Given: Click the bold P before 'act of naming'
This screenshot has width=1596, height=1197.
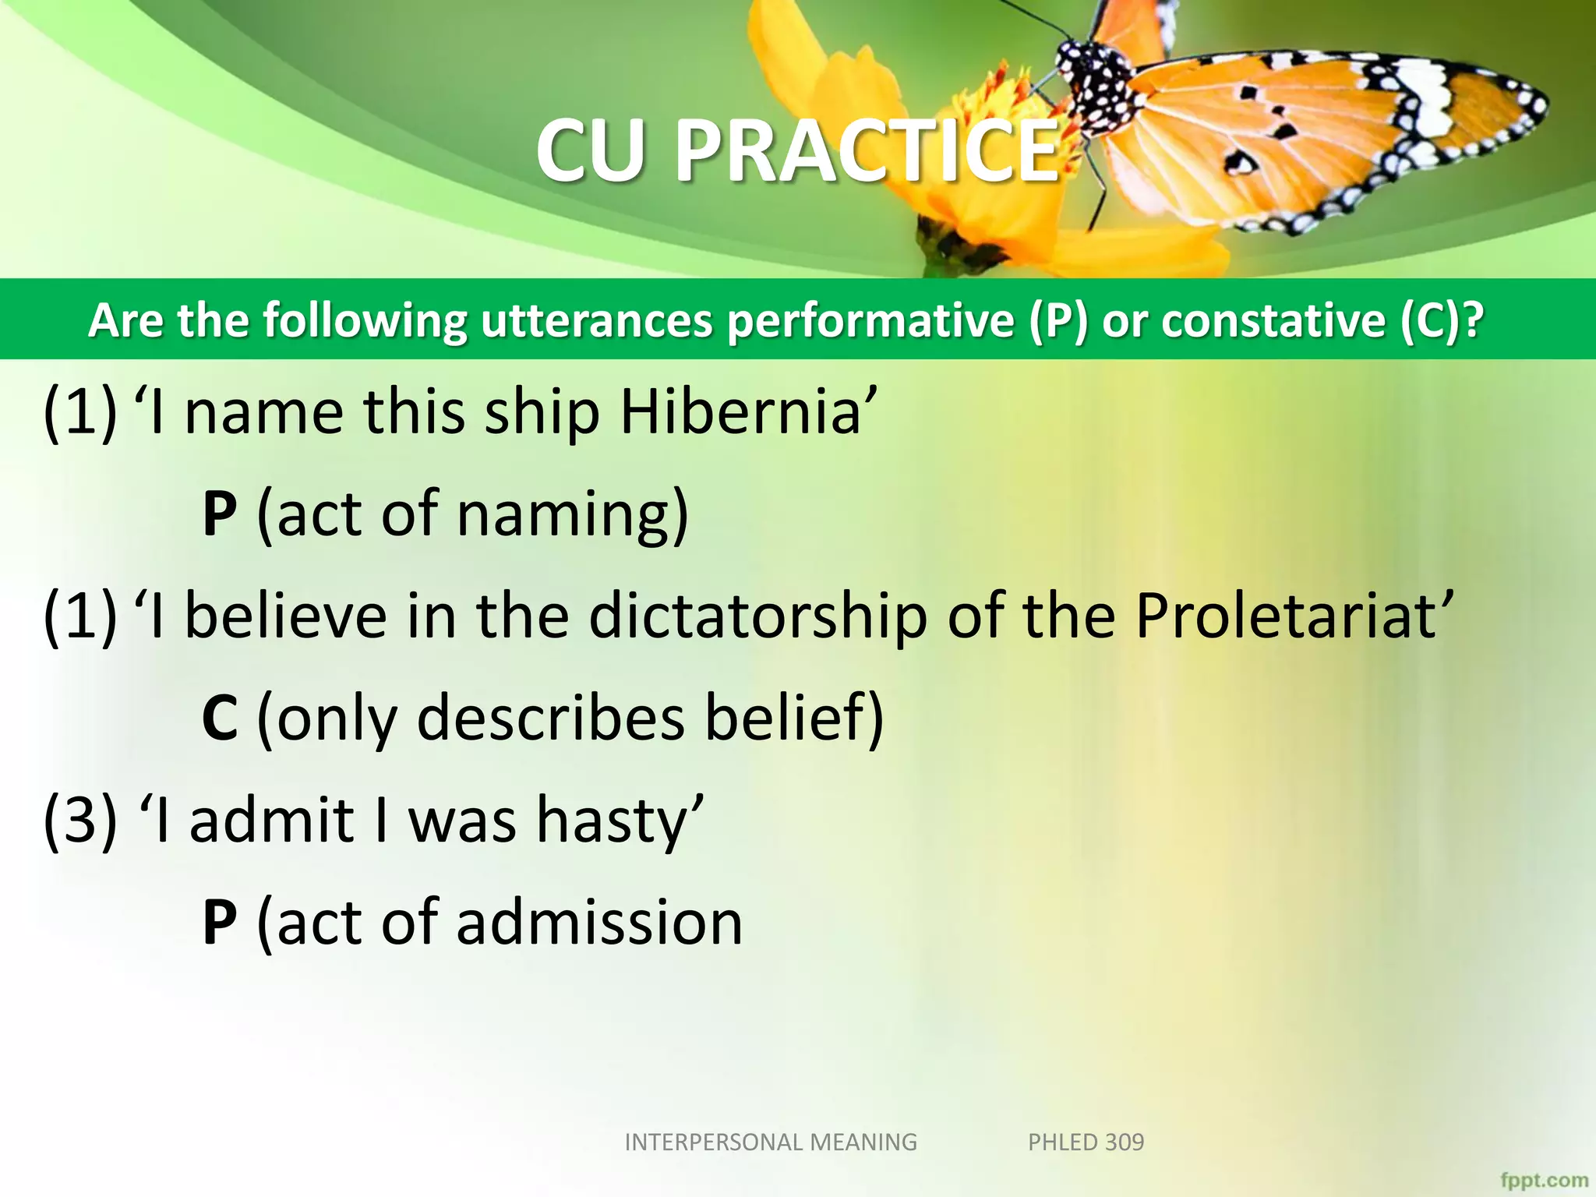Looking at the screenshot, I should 219,514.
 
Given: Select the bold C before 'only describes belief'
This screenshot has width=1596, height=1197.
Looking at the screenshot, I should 219,718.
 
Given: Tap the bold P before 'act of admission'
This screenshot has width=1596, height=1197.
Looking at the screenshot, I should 219,922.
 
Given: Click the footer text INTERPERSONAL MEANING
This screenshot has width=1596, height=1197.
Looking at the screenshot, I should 771,1142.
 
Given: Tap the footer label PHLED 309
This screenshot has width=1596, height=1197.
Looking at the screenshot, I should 1086,1142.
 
